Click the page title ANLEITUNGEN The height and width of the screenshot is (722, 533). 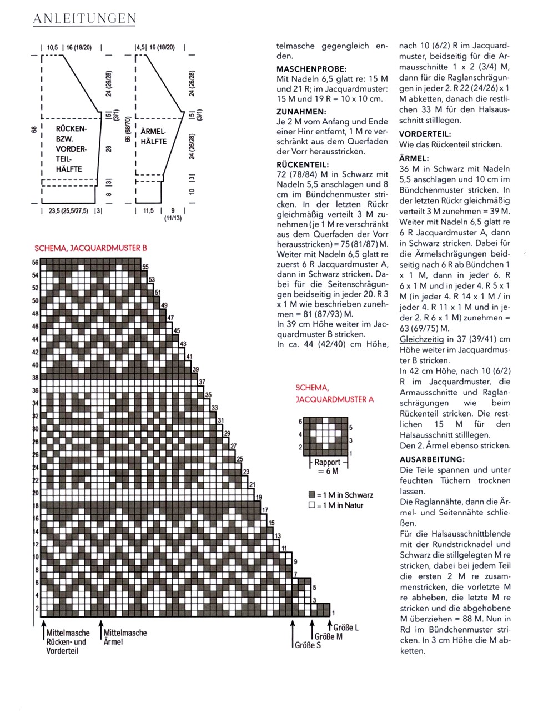point(84,19)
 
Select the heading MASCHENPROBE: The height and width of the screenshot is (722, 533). point(311,69)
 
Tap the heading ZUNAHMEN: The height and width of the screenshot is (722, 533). point(302,111)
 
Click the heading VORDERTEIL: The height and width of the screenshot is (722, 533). point(425,134)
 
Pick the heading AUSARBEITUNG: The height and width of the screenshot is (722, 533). point(432,459)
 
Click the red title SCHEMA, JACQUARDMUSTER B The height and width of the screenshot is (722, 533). point(90,248)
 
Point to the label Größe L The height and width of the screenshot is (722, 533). point(346,628)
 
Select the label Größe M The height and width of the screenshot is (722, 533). point(329,636)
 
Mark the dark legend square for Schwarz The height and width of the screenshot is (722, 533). point(312,495)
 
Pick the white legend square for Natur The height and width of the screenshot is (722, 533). point(312,505)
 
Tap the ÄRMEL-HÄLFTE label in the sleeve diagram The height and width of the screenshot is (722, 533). point(154,137)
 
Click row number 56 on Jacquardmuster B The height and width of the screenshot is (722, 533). point(36,263)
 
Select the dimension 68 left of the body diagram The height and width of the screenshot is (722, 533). point(35,129)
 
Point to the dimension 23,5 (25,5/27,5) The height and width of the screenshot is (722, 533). point(68,211)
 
